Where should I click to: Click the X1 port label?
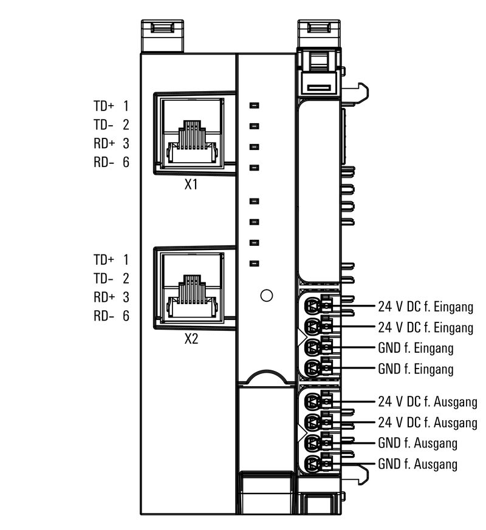[191, 185]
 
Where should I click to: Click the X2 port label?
[191, 339]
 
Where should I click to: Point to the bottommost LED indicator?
[255, 263]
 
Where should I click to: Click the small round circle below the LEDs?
[265, 296]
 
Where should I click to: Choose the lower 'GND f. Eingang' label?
[416, 369]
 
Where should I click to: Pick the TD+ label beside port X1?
[103, 106]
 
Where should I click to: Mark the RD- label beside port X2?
[103, 316]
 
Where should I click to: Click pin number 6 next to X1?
[126, 163]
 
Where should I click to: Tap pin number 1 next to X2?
[126, 260]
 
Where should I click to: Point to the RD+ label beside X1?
[103, 144]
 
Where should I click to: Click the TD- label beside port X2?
[103, 279]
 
